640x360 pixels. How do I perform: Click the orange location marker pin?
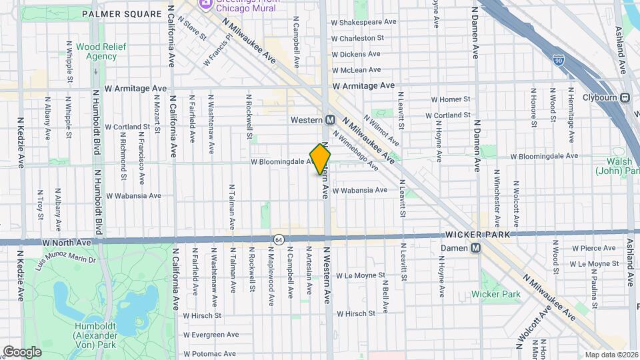[x=321, y=159]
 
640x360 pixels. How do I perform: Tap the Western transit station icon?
[x=329, y=120]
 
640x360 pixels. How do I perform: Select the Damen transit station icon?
[x=475, y=248]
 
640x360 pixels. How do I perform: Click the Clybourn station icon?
[x=625, y=98]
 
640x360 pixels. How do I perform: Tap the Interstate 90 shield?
[x=558, y=60]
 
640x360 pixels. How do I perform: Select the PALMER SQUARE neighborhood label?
[x=122, y=13]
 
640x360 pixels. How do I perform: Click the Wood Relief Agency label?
[x=97, y=51]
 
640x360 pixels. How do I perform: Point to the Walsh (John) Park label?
[x=617, y=167]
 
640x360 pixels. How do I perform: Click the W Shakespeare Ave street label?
[x=364, y=22]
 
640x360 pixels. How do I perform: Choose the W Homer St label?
[x=451, y=99]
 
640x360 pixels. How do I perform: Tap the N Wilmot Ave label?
[x=381, y=131]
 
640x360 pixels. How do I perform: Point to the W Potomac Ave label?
[x=210, y=354]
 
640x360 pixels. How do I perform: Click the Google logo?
[x=22, y=352]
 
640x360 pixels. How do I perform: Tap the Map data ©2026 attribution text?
[x=611, y=355]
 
